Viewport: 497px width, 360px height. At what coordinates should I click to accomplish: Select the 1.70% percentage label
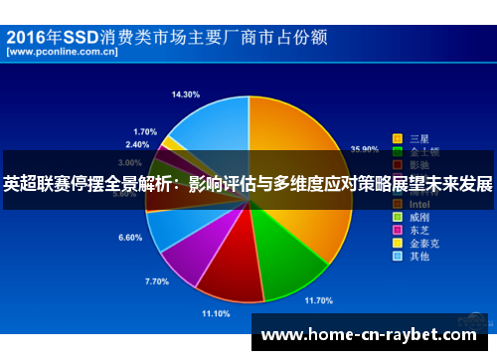tap(144, 131)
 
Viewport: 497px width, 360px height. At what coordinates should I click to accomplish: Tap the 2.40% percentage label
tap(137, 144)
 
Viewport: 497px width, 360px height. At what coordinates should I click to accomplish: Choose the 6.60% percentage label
tap(130, 238)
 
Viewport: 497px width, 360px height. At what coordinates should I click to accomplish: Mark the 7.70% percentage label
tap(157, 281)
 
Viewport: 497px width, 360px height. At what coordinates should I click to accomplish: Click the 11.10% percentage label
tap(216, 313)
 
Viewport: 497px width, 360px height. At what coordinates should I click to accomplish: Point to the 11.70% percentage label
tap(318, 299)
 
